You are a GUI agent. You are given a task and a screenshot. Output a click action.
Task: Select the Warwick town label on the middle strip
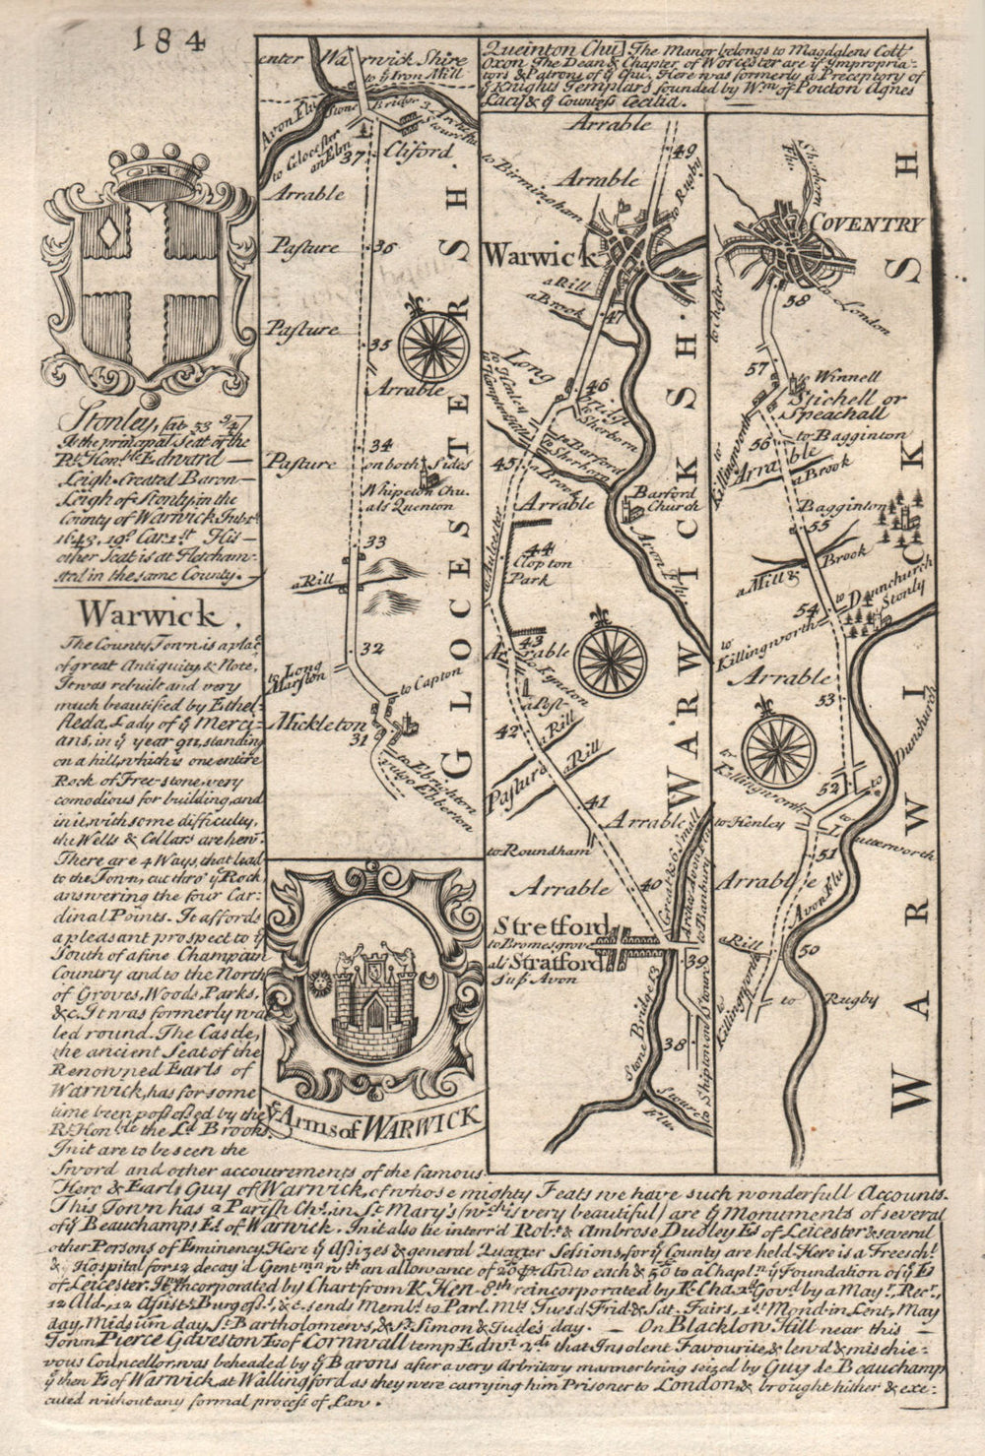(538, 255)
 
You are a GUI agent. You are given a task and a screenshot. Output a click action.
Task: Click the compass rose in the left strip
(432, 346)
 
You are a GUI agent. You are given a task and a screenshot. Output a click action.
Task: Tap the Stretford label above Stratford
(550, 927)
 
